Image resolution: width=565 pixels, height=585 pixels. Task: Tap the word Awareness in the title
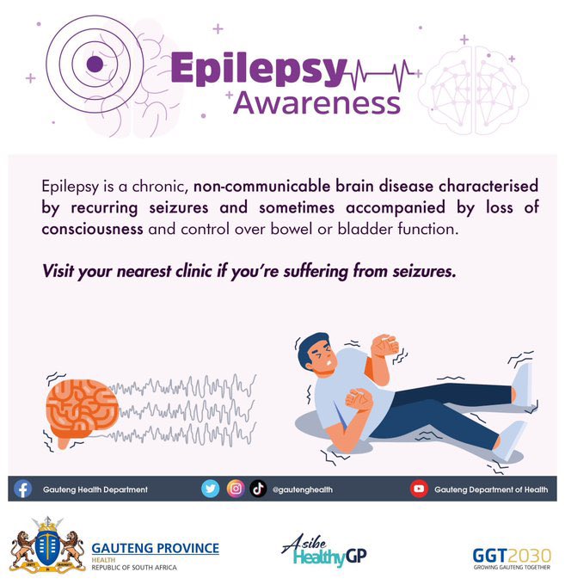point(317,102)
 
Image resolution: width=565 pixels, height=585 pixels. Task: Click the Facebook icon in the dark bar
point(23,489)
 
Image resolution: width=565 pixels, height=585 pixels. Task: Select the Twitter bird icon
point(211,489)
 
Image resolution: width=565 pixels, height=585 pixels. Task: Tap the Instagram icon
point(235,489)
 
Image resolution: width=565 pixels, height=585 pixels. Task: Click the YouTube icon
point(419,489)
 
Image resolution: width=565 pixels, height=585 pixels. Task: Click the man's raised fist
point(384,346)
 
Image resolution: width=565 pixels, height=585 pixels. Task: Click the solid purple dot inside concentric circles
point(94,62)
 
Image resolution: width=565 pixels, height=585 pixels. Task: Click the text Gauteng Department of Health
point(490,490)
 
